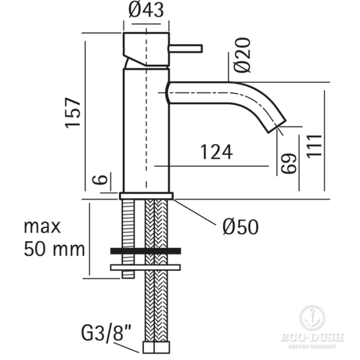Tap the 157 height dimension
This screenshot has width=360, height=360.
tap(73, 112)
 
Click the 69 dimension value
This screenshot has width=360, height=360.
tap(289, 163)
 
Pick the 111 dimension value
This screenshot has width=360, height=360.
tap(314, 145)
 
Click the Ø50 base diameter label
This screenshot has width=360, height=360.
tap(239, 227)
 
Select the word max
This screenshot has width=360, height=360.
tap(43, 226)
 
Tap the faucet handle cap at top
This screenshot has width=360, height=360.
tap(146, 43)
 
